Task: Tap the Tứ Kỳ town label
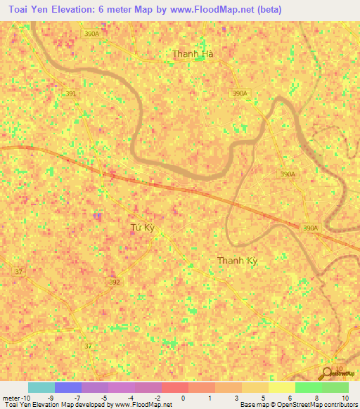(142, 228)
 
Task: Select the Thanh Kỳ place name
(237, 261)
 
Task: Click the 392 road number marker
(115, 282)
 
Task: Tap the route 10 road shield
(340, 369)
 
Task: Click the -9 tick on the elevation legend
(51, 398)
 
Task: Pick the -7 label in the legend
(77, 398)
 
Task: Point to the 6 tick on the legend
(290, 398)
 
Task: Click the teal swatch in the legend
(41, 387)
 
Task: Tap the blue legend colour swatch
(67, 387)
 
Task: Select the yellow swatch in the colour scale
(281, 387)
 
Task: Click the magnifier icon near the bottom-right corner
(328, 372)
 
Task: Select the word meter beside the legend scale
(11, 398)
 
